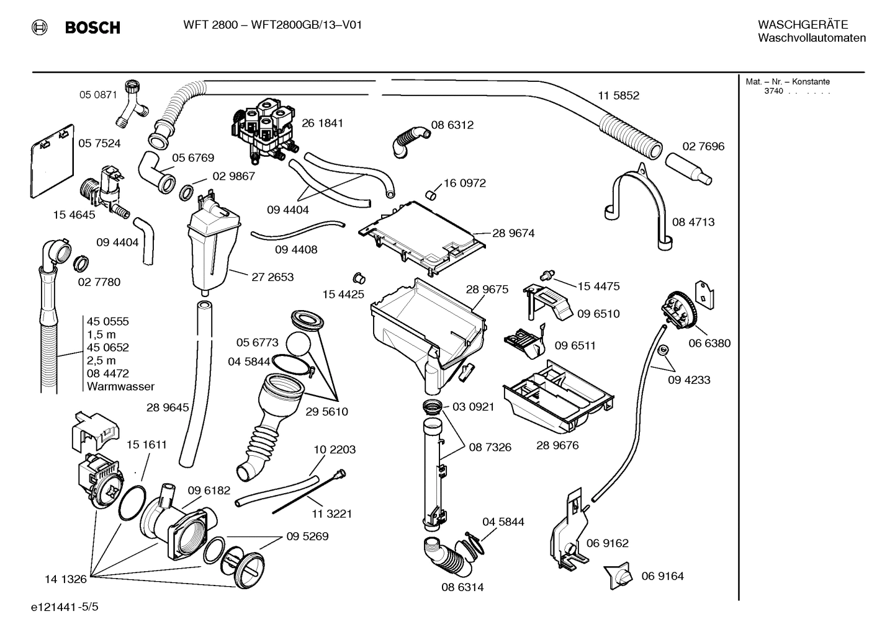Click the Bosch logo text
(x=92, y=27)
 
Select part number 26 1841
(x=322, y=123)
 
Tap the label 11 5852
(x=618, y=96)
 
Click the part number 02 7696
(x=703, y=146)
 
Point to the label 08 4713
(x=693, y=222)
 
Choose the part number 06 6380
(x=709, y=343)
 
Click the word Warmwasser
(x=120, y=386)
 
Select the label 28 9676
(x=557, y=445)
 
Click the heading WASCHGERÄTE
(x=803, y=25)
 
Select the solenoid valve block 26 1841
(x=264, y=127)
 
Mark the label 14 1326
(x=65, y=579)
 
